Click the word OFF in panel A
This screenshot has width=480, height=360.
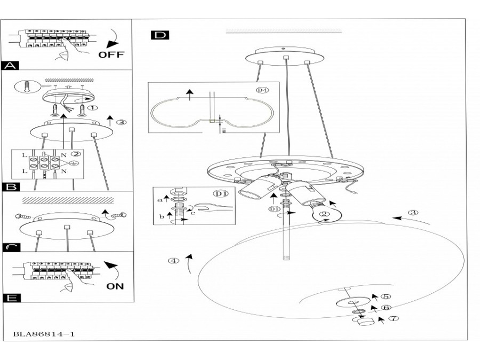coord(111,54)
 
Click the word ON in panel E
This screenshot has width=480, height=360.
coord(115,286)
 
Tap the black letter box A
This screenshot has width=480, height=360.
coord(11,66)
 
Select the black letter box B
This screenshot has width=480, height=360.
coord(11,187)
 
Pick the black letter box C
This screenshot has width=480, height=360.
coord(11,247)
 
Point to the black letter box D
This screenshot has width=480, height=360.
coord(159,35)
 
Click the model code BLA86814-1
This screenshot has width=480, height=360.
coord(43,334)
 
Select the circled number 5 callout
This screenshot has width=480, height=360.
coord(386,297)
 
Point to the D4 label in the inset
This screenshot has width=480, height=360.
coord(262,90)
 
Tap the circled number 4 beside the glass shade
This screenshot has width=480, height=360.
coord(172,261)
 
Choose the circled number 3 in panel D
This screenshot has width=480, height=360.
coord(413,213)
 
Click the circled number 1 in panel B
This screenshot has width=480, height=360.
coord(93,107)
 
